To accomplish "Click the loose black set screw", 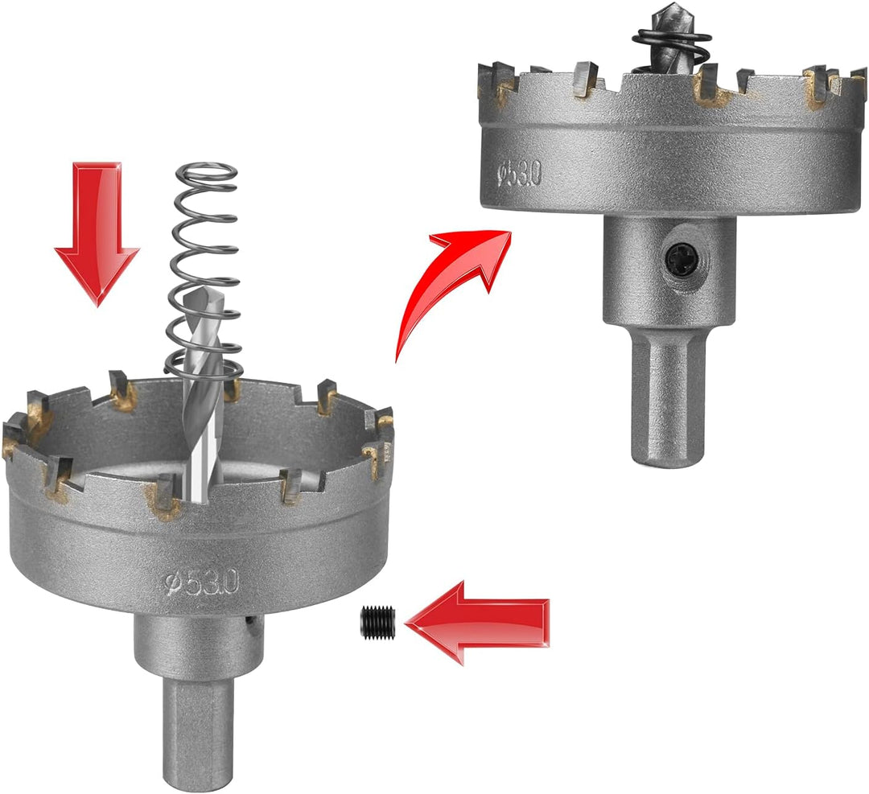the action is [x=375, y=623].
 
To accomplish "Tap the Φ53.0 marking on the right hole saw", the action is [x=519, y=175].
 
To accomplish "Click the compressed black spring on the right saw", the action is [x=673, y=50].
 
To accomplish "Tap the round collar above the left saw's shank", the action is [x=199, y=644].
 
